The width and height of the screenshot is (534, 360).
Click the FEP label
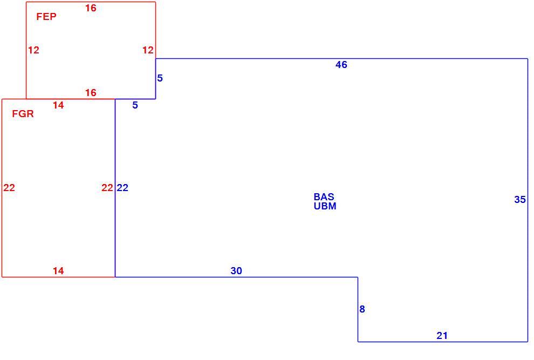(46, 16)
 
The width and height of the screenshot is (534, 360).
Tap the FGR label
(23, 113)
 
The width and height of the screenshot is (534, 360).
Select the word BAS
(324, 196)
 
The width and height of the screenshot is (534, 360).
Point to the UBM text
(325, 206)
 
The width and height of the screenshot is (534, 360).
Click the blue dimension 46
(341, 64)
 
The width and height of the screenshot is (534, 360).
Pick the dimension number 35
(519, 200)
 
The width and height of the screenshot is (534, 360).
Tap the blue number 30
(236, 271)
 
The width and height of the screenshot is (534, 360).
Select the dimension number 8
(362, 309)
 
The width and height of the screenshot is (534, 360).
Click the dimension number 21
(442, 336)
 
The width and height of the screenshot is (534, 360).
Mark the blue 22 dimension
(122, 187)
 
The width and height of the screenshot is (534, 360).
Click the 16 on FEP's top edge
(91, 8)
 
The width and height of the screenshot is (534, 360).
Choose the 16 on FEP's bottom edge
(91, 92)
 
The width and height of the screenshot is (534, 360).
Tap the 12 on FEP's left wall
(33, 50)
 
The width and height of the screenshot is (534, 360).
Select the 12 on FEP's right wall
(148, 50)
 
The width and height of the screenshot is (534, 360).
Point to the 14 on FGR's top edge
(58, 105)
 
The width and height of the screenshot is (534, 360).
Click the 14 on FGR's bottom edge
(58, 271)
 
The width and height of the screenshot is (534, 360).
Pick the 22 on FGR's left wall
(9, 187)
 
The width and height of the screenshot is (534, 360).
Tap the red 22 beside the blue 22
(107, 187)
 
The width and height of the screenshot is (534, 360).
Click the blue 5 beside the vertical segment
(160, 78)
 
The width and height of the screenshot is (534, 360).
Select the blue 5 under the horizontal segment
(135, 105)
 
